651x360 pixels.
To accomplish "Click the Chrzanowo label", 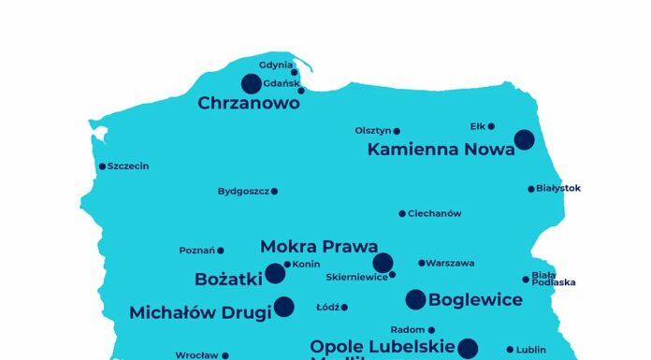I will coord(249,104).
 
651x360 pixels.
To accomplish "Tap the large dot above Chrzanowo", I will coord(252,84).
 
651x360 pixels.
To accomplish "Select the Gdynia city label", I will coord(275,65).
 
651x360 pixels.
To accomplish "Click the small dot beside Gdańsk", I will coord(301,90).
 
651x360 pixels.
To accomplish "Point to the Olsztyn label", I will coord(372,131).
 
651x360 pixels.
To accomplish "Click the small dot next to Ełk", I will coord(491,126).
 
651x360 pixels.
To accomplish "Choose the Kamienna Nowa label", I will coord(441,149).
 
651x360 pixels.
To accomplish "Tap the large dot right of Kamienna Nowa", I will coord(524,139).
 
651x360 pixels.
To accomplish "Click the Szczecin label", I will coord(128,166).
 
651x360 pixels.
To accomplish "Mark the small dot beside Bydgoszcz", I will coord(274,191).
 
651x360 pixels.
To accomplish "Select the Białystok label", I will coord(558,188).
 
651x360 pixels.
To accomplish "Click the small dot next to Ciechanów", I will coord(402,213).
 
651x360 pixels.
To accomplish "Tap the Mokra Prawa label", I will coord(319,247).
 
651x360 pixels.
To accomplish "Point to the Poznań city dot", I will coord(221,251).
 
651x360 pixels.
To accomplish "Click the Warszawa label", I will coord(450,264).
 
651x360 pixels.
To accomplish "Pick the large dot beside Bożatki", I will coord(275,273).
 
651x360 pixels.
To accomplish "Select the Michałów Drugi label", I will coord(200,312).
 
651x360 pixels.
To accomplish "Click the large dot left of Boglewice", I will coord(415,299).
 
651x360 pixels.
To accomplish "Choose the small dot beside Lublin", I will coord(511,350).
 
